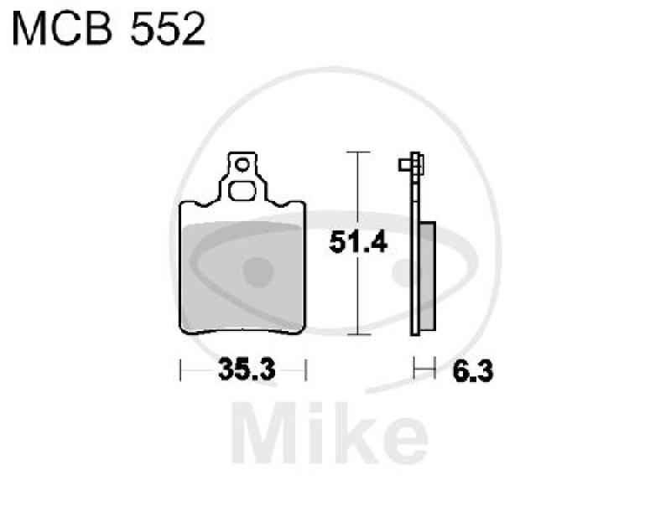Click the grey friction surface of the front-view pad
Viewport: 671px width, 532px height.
(243, 272)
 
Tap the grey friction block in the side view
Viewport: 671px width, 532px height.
(427, 277)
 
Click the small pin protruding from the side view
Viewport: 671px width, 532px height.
(405, 164)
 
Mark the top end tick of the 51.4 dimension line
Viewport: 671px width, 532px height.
(358, 153)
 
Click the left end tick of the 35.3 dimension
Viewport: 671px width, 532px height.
(181, 369)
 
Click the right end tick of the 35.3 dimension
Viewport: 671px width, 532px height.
(306, 369)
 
